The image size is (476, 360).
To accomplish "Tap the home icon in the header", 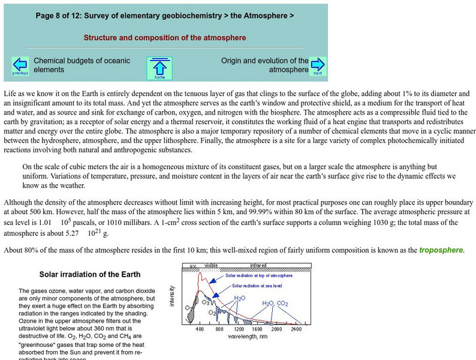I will pyautogui.click(x=159, y=68).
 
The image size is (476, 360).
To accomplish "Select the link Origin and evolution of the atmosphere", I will pyautogui.click(x=264, y=65).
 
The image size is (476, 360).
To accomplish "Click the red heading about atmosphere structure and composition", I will pyautogui.click(x=165, y=37).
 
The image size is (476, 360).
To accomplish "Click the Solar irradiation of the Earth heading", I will pyautogui.click(x=90, y=275).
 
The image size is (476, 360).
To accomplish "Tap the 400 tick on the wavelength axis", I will pyautogui.click(x=200, y=329).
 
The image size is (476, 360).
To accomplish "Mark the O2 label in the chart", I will pyautogui.click(x=212, y=313).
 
